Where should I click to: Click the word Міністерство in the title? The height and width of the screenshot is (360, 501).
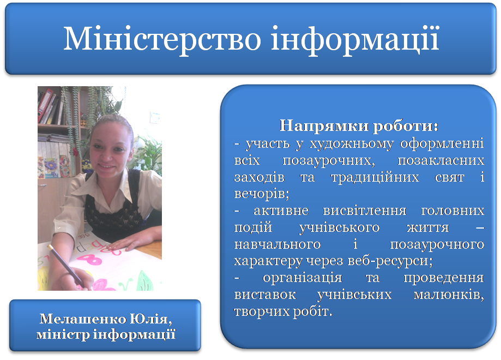coord(162,39)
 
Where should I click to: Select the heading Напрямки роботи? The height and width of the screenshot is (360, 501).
coord(359,126)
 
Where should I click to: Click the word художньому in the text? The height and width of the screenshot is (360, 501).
coord(352,144)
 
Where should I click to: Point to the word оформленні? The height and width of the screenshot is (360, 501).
coord(442,144)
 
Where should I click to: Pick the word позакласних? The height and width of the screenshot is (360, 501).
coord(441,160)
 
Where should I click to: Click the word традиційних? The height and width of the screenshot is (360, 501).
coord(375,177)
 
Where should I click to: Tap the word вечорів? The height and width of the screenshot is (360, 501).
coord(262,194)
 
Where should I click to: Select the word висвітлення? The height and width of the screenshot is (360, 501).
coord(365,211)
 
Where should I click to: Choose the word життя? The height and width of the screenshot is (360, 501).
coord(427,227)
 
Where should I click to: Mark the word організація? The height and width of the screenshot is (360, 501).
coord(302,278)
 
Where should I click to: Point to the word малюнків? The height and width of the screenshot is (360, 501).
coord(449,295)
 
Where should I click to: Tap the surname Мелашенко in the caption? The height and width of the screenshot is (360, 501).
coord(83,319)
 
